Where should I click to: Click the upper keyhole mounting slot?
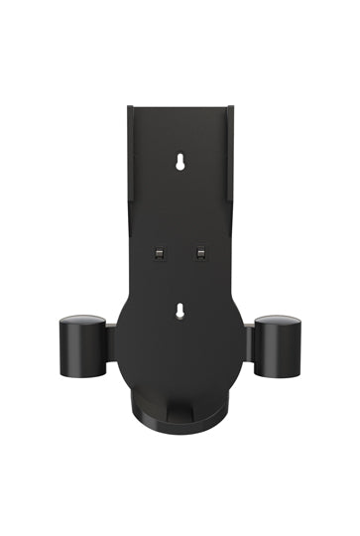180,161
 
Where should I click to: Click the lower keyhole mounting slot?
180,312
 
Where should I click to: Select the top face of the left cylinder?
82,322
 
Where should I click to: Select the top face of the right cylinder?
278,322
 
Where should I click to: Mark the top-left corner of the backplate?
129,106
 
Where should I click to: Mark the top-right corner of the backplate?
232,106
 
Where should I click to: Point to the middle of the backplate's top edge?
180,107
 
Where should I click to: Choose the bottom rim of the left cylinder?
82,374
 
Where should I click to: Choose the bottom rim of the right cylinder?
278,374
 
